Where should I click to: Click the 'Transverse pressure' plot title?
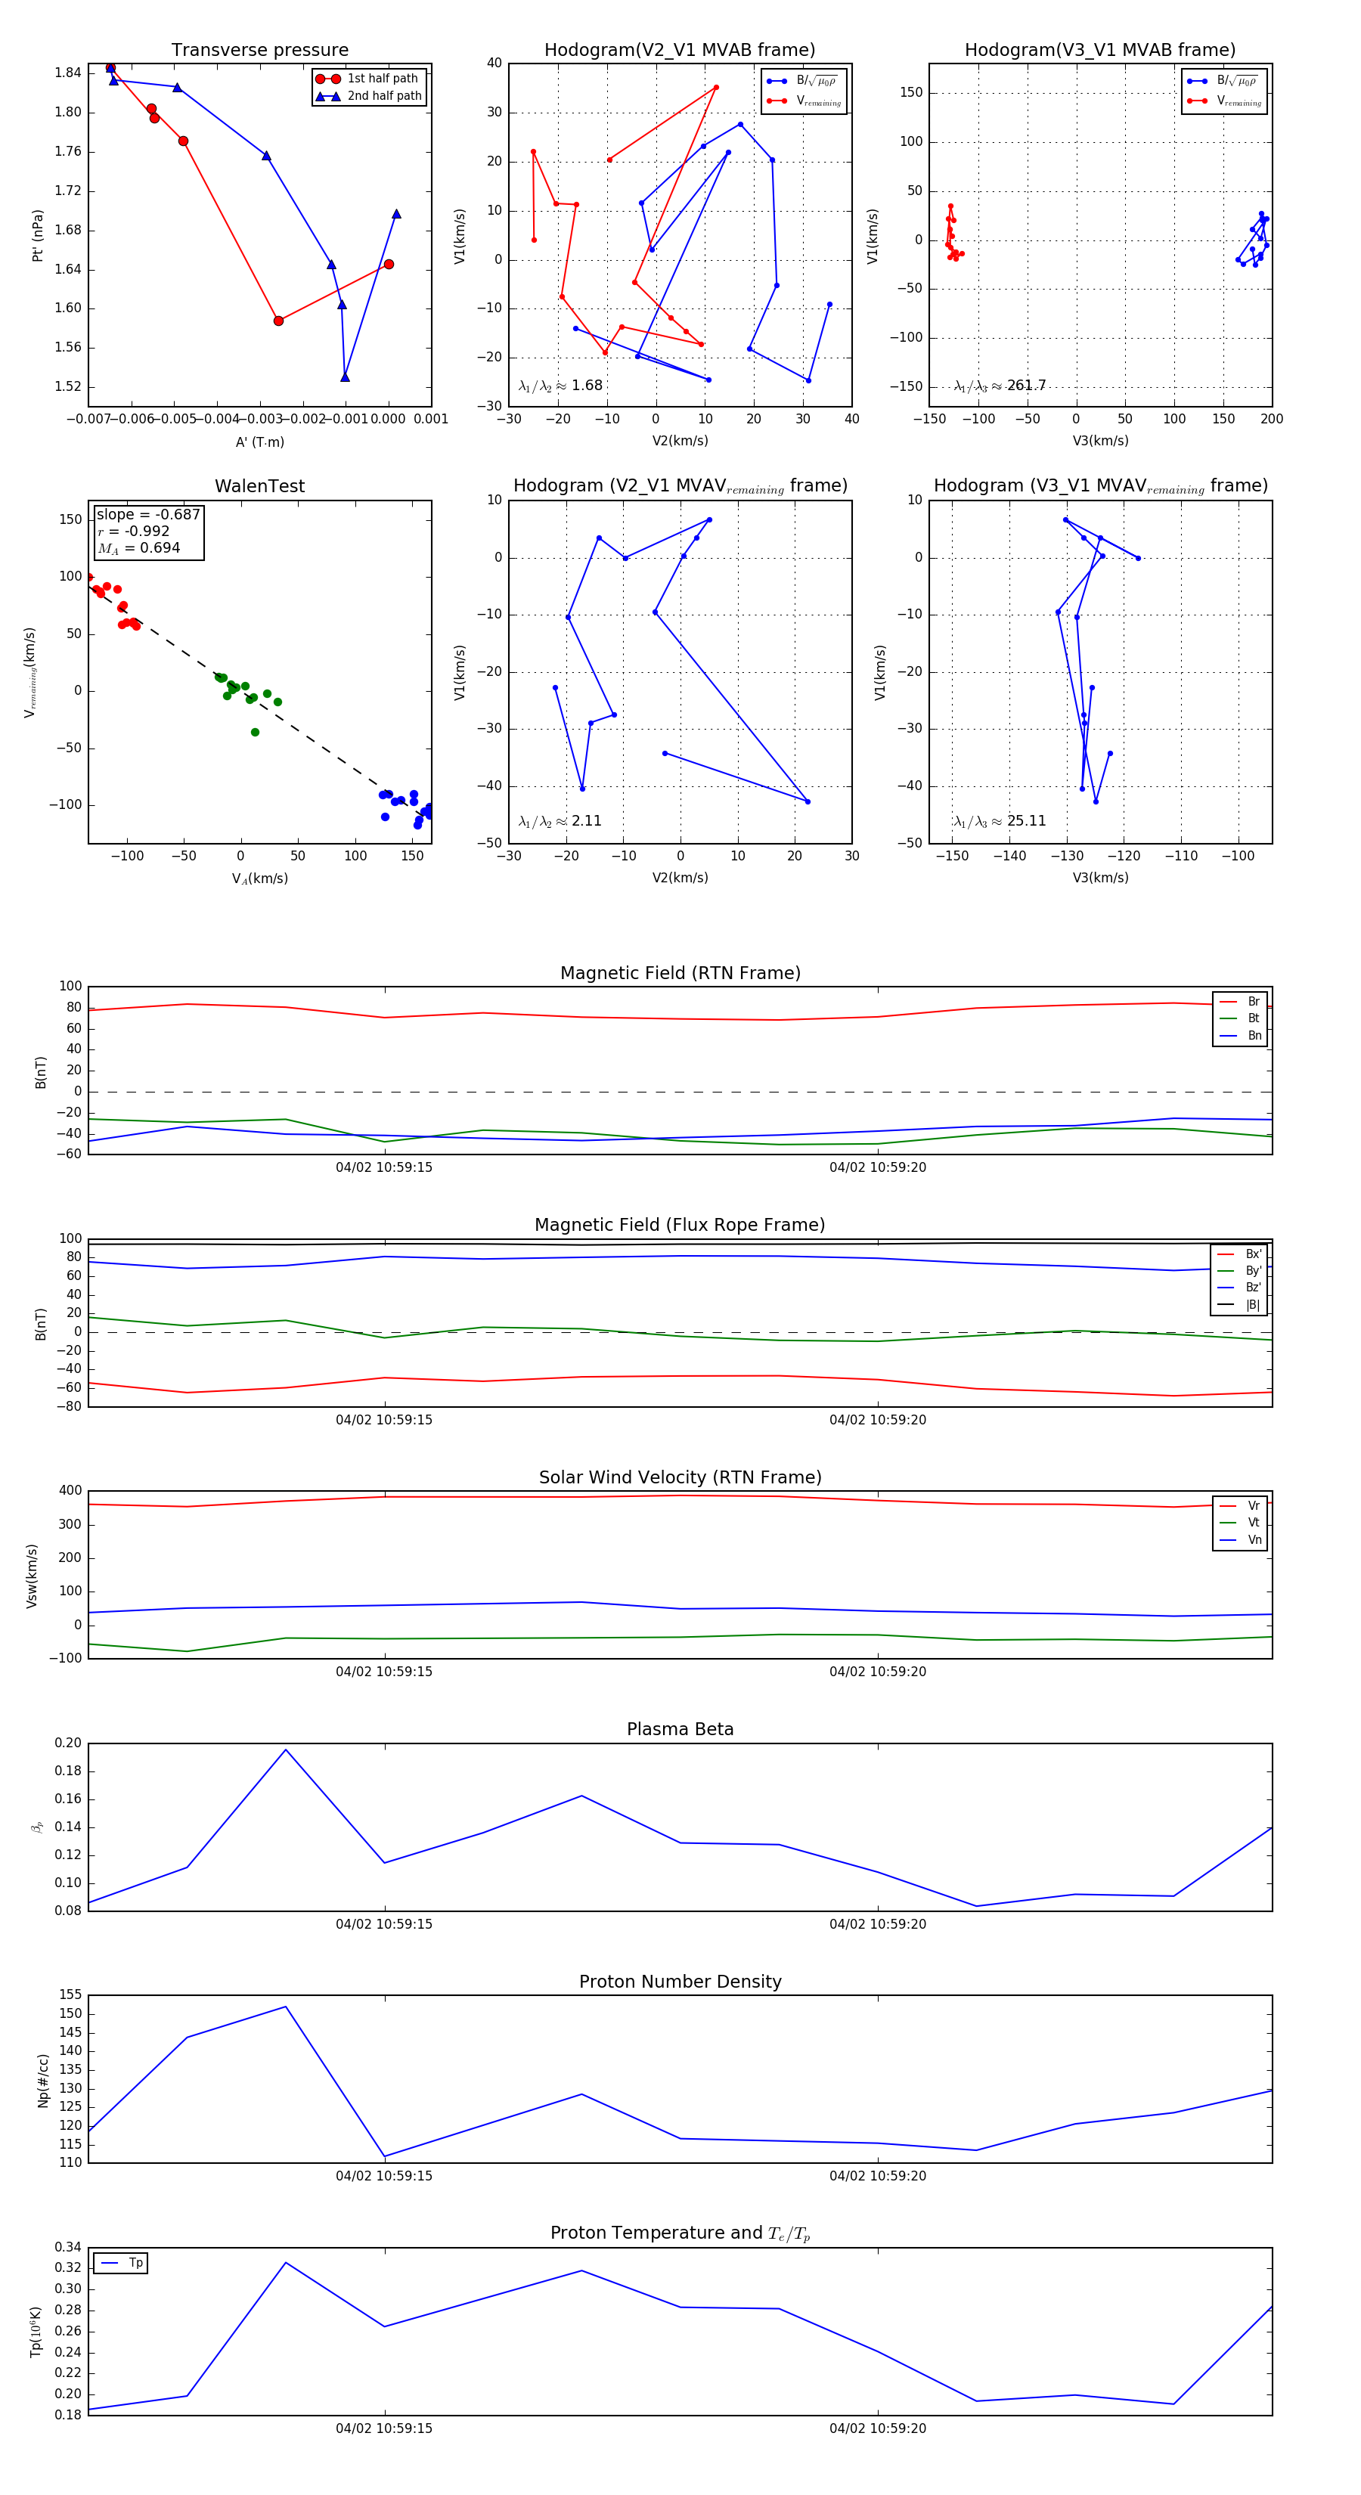259,51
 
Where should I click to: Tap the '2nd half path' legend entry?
383,96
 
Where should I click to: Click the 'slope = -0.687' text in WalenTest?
148,514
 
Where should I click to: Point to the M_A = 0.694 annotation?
138,548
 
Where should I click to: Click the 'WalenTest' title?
259,486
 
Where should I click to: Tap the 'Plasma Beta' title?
680,1729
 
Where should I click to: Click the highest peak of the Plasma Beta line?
286,1750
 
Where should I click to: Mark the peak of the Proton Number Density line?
286,2006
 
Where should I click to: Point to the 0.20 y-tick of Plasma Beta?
69,1743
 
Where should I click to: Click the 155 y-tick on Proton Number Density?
71,1994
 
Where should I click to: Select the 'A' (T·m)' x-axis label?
259,442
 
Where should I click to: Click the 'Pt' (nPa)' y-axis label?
38,235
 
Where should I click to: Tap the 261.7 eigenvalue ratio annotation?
1026,386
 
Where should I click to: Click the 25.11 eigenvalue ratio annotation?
1026,821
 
